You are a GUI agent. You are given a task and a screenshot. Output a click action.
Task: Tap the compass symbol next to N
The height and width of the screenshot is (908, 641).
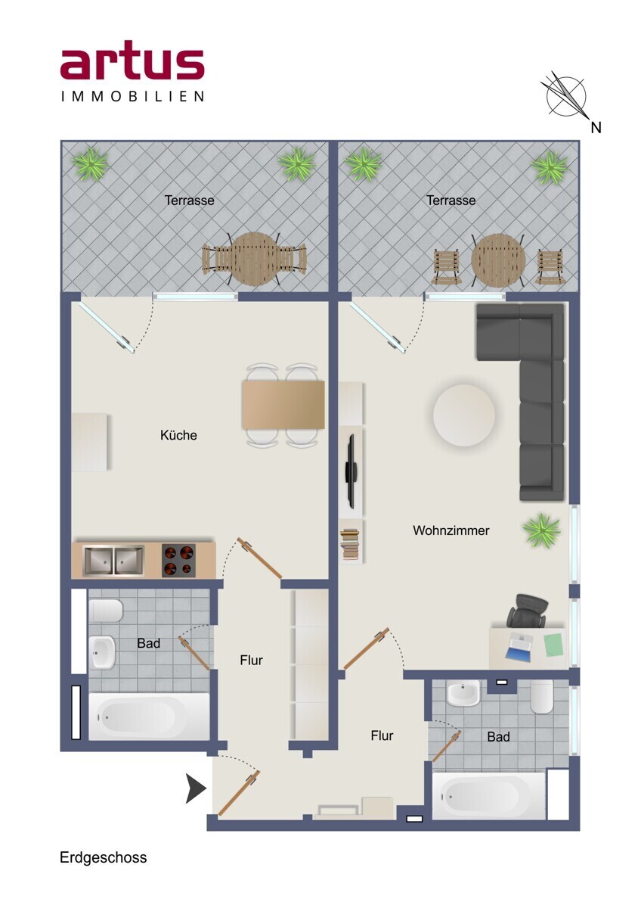coord(565,95)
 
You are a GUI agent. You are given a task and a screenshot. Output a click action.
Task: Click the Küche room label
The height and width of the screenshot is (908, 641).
coord(178,435)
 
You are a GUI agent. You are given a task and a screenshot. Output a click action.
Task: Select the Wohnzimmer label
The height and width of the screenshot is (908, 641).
coord(451,530)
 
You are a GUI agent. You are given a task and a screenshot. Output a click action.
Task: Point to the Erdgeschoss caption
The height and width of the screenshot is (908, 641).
coord(104,858)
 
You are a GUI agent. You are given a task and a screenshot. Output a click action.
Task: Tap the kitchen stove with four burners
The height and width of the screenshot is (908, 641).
coord(178,561)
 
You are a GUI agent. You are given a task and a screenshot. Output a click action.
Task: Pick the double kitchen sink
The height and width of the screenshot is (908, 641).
coord(113,561)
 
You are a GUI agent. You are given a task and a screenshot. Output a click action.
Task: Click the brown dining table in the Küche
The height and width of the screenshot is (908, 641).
coord(283,405)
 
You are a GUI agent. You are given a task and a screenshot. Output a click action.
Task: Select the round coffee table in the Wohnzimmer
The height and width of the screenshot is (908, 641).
coord(464,415)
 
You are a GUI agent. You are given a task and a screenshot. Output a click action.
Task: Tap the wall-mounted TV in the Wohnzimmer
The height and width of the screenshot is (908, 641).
coord(351,471)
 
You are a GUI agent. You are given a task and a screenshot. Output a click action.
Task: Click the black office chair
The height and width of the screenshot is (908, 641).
coord(526,610)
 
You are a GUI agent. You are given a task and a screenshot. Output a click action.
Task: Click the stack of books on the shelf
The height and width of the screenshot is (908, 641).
coord(349,543)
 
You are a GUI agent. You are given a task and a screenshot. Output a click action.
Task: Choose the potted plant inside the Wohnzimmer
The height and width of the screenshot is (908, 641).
coord(541,530)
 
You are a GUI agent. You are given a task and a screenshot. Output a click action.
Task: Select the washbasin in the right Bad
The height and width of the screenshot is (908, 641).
coord(463,693)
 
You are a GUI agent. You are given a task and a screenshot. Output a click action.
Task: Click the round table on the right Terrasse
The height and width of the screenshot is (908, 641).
coord(498,260)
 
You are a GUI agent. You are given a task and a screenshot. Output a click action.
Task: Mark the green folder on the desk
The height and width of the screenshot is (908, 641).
coord(553,645)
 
